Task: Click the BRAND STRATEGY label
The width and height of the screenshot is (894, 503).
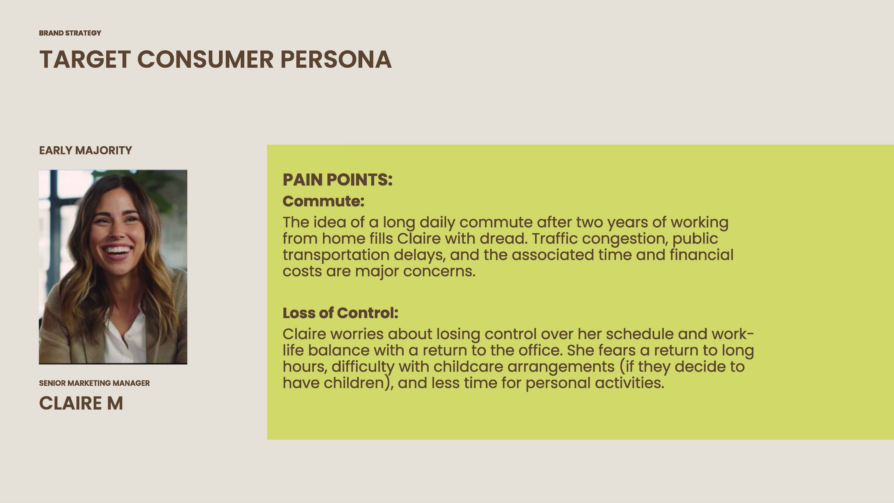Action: click(70, 33)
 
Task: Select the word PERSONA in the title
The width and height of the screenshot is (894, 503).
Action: click(336, 59)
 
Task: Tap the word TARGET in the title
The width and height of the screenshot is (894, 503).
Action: click(85, 59)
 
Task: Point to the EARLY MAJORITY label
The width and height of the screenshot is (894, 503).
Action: click(85, 150)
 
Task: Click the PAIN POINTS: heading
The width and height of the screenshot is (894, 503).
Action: click(337, 180)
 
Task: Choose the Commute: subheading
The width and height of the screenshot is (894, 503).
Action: click(323, 201)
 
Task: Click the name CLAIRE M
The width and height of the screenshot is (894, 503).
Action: click(81, 403)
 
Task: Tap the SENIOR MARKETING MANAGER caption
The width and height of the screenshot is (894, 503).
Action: click(94, 383)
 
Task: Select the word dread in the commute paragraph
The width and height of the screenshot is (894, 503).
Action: click(503, 239)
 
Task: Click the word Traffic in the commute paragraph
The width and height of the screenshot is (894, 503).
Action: click(555, 239)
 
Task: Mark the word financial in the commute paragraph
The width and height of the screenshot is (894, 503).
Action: click(701, 255)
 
